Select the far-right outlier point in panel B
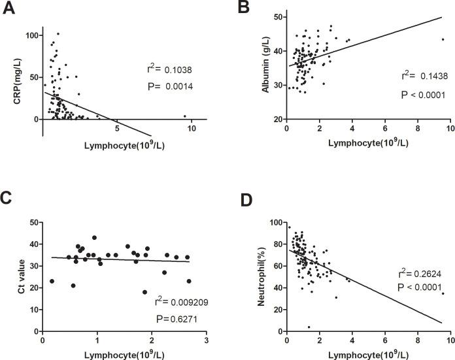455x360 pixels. pos(443,39)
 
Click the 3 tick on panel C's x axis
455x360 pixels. pos(206,341)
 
